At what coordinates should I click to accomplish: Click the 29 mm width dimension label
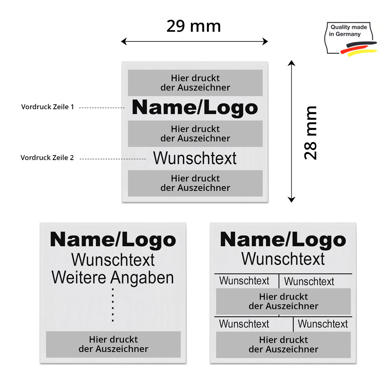pyautogui.click(x=194, y=26)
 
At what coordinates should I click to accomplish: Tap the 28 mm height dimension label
pyautogui.click(x=310, y=133)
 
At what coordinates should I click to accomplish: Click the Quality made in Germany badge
pyautogui.click(x=351, y=38)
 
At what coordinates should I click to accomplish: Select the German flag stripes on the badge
pyautogui.click(x=359, y=48)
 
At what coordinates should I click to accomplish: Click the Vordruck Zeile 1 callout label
pyautogui.click(x=48, y=107)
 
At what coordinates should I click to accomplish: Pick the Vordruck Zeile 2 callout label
pyautogui.click(x=47, y=158)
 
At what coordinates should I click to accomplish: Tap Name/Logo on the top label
pyautogui.click(x=195, y=108)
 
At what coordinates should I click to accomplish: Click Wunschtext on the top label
pyautogui.click(x=195, y=158)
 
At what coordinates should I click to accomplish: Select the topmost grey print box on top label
pyautogui.click(x=195, y=83)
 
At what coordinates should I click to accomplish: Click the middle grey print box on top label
pyautogui.click(x=195, y=134)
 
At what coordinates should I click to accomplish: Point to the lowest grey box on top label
pyautogui.click(x=195, y=183)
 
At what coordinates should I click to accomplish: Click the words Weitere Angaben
pyautogui.click(x=113, y=278)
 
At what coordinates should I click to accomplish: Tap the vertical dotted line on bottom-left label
pyautogui.click(x=113, y=305)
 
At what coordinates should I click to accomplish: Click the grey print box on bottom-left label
pyautogui.click(x=113, y=344)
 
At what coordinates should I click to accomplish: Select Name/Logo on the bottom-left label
pyautogui.click(x=113, y=240)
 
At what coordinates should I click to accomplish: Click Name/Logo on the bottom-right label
pyautogui.click(x=283, y=240)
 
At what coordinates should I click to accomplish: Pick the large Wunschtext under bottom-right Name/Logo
pyautogui.click(x=283, y=258)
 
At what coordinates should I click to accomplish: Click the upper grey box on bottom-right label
pyautogui.click(x=283, y=301)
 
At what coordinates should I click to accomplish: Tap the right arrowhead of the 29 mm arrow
pyautogui.click(x=265, y=41)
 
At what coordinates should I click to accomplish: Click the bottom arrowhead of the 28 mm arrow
pyautogui.click(x=291, y=199)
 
